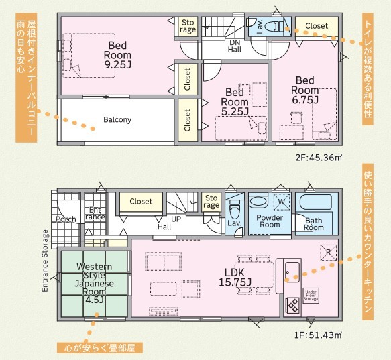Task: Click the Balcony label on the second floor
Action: click(117, 120)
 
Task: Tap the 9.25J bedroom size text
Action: click(117, 65)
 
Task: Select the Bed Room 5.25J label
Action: click(235, 102)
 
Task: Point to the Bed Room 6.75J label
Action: click(305, 90)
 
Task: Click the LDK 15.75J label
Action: click(235, 278)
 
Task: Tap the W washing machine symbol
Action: click(282, 202)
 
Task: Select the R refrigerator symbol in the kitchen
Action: click(329, 252)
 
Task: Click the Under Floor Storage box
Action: click(311, 296)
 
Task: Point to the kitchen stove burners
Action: click(292, 306)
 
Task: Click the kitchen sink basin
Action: click(292, 272)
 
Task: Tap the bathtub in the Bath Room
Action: click(316, 202)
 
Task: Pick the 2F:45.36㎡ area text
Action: click(319, 158)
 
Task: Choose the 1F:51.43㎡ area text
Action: click(318, 335)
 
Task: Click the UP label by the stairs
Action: click(176, 219)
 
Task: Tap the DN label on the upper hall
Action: click(235, 42)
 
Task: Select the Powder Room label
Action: click(270, 221)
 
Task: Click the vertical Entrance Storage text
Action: click(45, 261)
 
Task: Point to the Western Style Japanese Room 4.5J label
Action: click(95, 283)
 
